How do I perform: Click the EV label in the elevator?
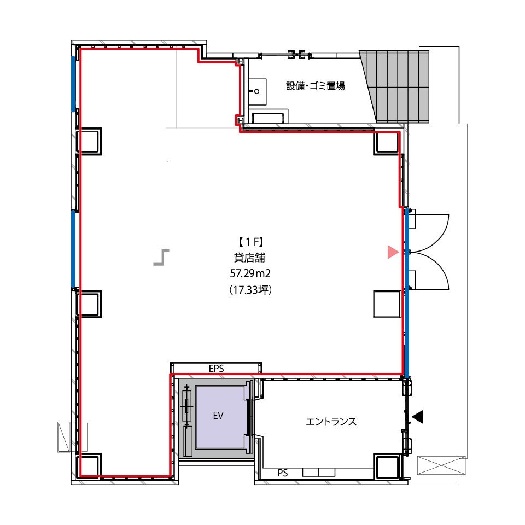pos(218,416)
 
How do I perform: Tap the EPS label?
pos(217,369)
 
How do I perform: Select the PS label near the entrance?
pos(283,472)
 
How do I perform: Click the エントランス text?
pos(331,422)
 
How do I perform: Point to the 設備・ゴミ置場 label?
pos(316,86)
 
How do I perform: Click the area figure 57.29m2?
pos(250,273)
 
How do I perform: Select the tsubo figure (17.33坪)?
pos(250,290)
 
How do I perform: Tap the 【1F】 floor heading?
pos(250,242)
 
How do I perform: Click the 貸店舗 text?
pos(250,258)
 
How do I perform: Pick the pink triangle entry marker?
pos(392,252)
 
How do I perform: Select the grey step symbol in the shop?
pos(161,257)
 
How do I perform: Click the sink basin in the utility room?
pos(257,91)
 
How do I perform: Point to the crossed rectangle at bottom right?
pos(441,465)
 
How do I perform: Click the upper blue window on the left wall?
pos(73,84)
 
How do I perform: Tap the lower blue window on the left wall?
pos(73,249)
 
